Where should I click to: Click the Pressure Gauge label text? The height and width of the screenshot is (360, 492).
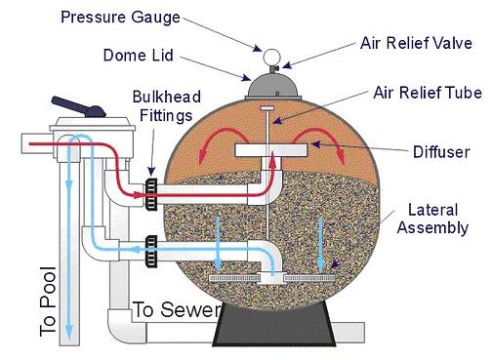click(x=120, y=18)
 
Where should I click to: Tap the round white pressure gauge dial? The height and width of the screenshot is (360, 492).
click(x=271, y=58)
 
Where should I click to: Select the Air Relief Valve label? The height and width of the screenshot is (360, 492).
click(x=416, y=43)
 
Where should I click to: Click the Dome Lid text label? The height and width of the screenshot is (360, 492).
click(x=138, y=55)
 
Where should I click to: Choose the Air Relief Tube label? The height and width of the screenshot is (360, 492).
click(x=428, y=93)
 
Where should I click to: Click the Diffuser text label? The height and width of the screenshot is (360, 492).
click(x=441, y=152)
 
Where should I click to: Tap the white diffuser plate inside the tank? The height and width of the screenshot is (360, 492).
click(x=271, y=150)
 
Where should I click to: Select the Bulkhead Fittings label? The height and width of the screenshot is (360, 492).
click(x=166, y=106)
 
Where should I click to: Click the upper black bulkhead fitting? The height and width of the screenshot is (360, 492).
click(x=150, y=194)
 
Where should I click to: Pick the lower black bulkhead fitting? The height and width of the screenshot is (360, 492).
click(x=151, y=251)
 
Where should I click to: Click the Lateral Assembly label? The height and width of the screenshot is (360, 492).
click(x=432, y=219)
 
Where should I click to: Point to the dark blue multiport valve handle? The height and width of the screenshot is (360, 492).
click(x=79, y=106)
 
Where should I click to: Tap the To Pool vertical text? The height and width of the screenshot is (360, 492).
click(x=48, y=301)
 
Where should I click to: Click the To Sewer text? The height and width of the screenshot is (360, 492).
click(x=177, y=309)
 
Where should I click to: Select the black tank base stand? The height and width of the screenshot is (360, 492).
click(x=274, y=324)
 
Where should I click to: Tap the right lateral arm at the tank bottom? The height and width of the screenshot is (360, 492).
click(x=309, y=278)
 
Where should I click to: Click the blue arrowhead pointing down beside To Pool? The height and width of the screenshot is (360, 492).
click(x=68, y=336)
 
